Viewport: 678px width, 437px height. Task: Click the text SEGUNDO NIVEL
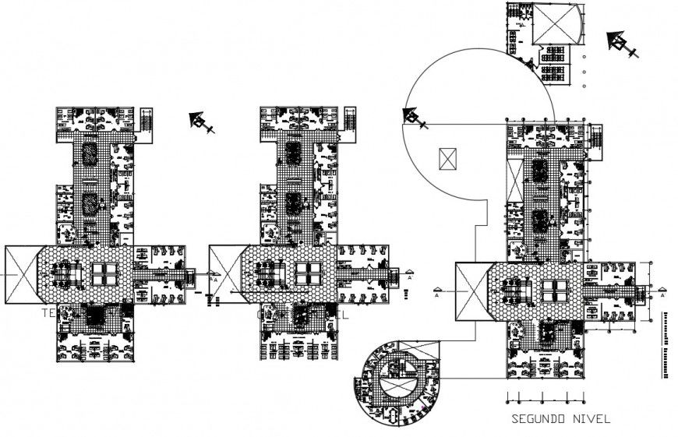click(x=560, y=419)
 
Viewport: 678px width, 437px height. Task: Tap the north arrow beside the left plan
click(x=200, y=122)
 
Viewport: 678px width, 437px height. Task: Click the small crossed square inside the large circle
click(x=447, y=158)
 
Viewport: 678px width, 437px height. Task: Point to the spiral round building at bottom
click(x=395, y=382)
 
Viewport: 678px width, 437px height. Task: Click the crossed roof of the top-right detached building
click(x=556, y=23)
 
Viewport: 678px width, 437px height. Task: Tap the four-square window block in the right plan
click(x=556, y=291)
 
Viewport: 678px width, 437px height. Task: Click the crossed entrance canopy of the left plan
click(x=23, y=274)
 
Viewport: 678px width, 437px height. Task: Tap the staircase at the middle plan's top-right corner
click(x=350, y=122)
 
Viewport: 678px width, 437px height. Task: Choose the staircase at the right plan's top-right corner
click(x=597, y=139)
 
